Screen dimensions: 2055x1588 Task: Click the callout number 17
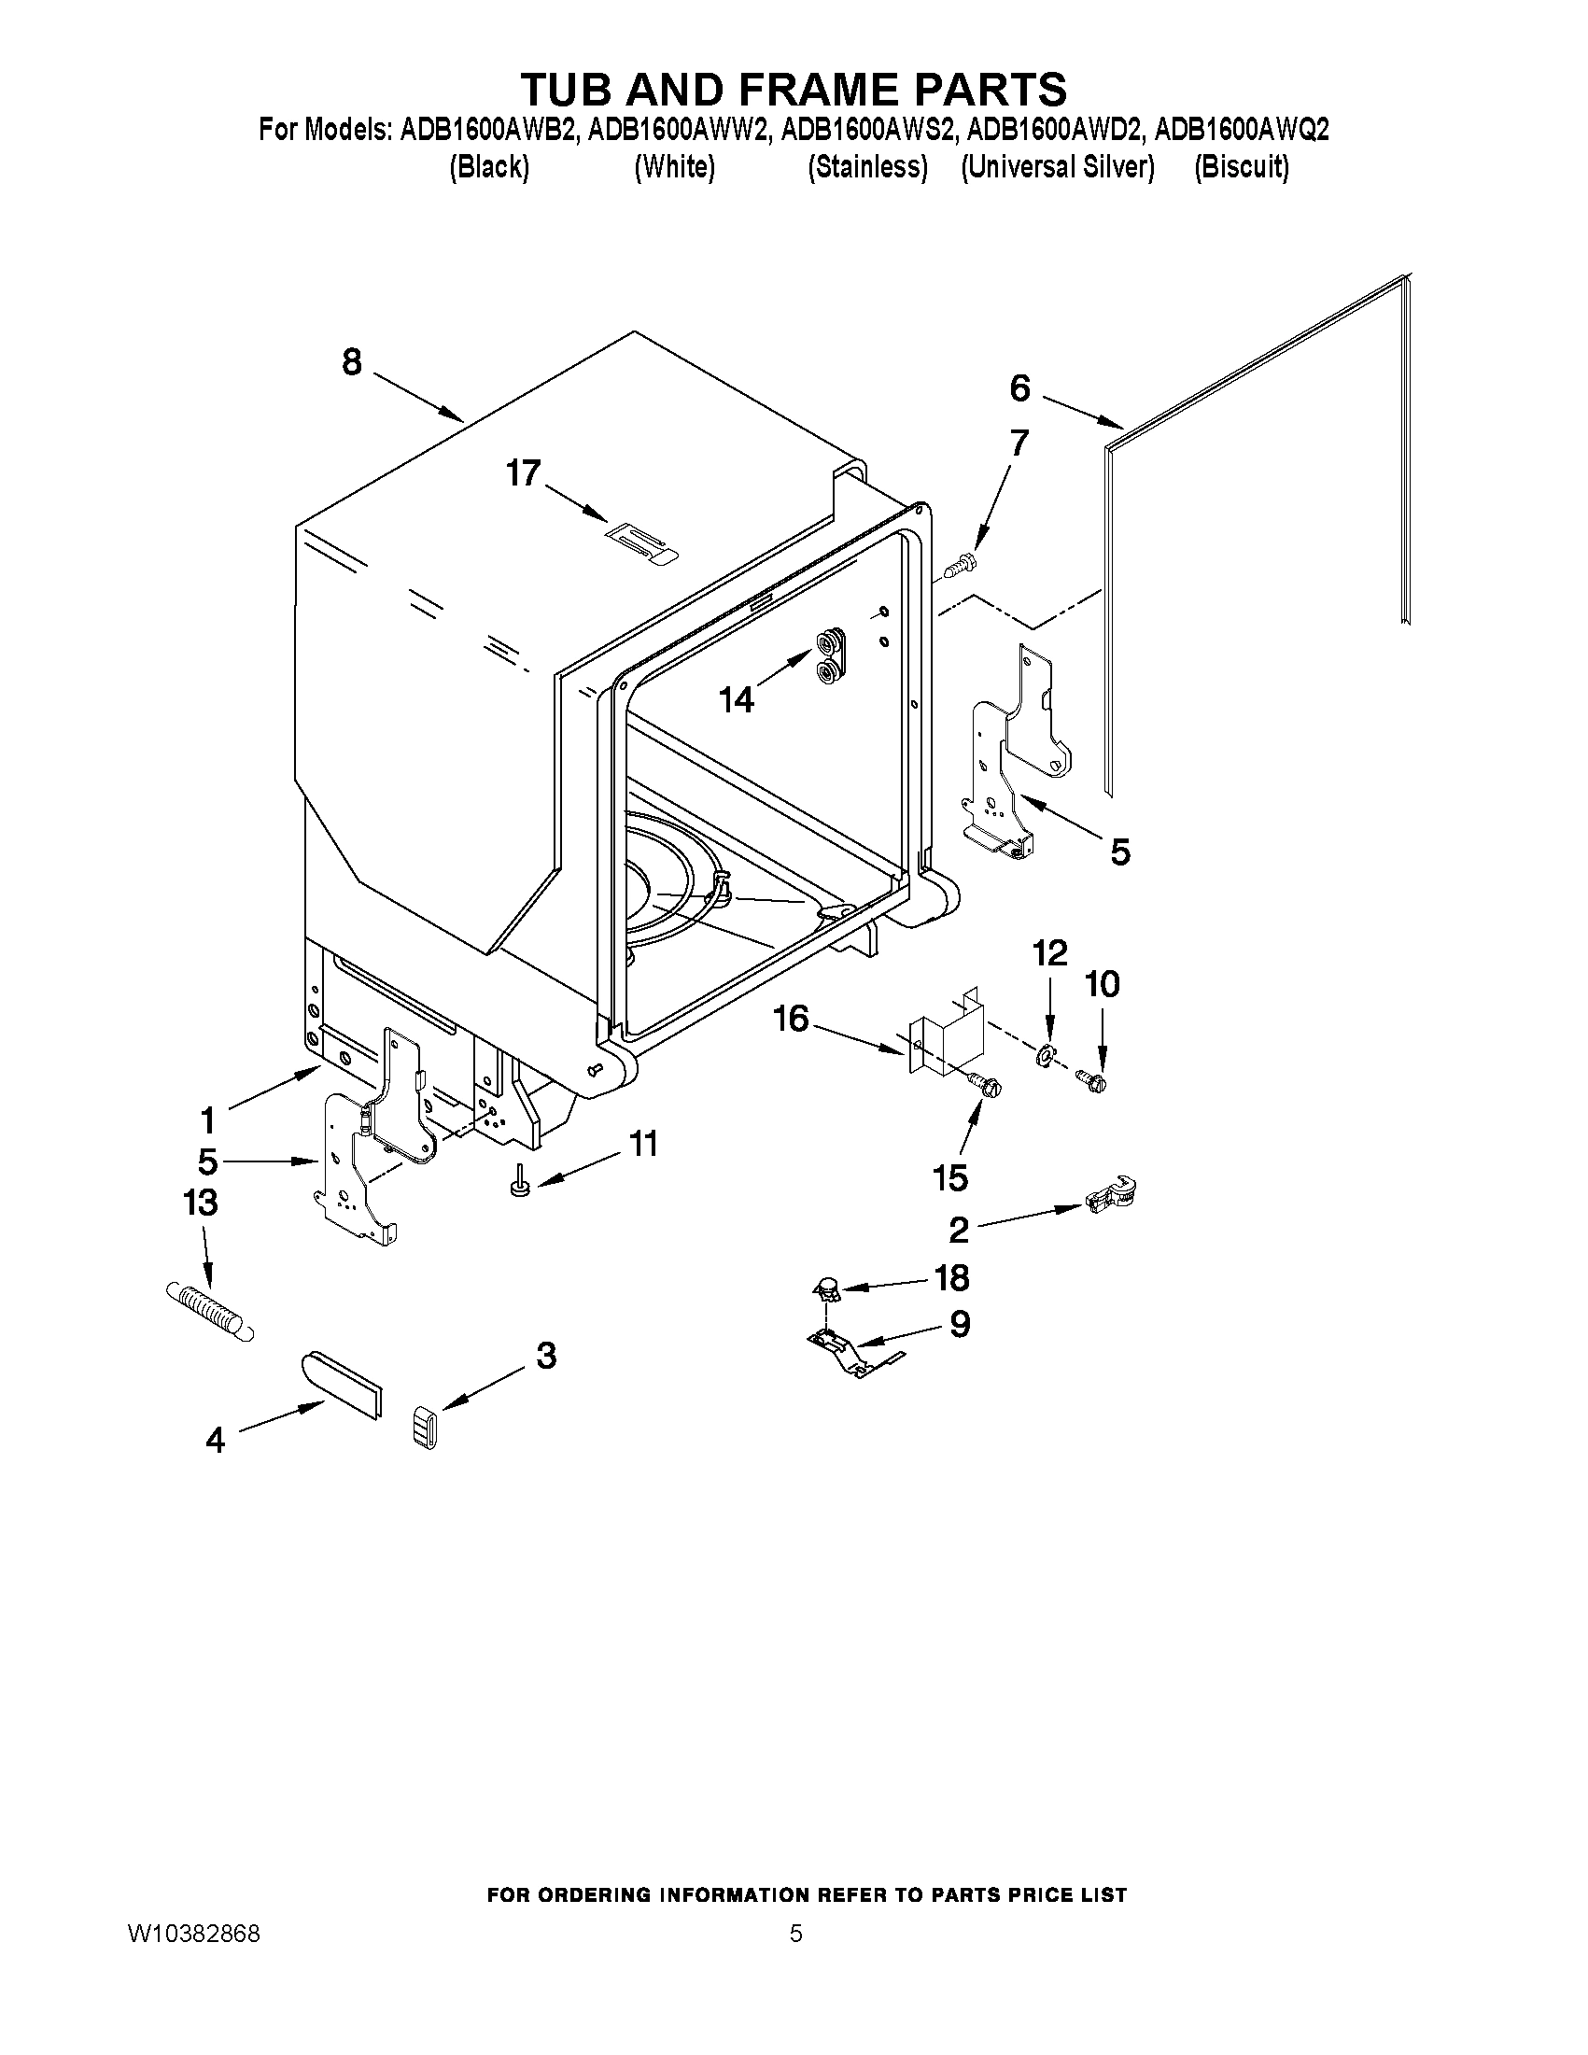pyautogui.click(x=524, y=473)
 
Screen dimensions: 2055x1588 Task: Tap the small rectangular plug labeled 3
pyautogui.click(x=427, y=1429)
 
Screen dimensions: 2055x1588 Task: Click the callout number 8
pyautogui.click(x=352, y=362)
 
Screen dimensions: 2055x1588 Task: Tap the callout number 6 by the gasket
pyautogui.click(x=1019, y=388)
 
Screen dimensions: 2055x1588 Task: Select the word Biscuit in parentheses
pyautogui.click(x=1241, y=167)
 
